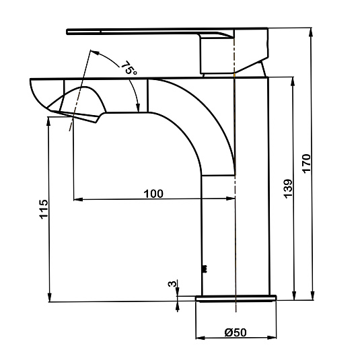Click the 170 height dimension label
pyautogui.click(x=307, y=164)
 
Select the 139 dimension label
pyautogui.click(x=288, y=188)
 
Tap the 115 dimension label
pyautogui.click(x=44, y=209)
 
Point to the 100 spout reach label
pyautogui.click(x=153, y=194)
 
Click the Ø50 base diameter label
pyautogui.click(x=236, y=332)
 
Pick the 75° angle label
pyautogui.click(x=129, y=68)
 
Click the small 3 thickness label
pyautogui.click(x=173, y=283)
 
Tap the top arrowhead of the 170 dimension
pyautogui.click(x=311, y=32)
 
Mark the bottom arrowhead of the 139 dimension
pyautogui.click(x=293, y=295)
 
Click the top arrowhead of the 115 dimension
pyautogui.click(x=48, y=121)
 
